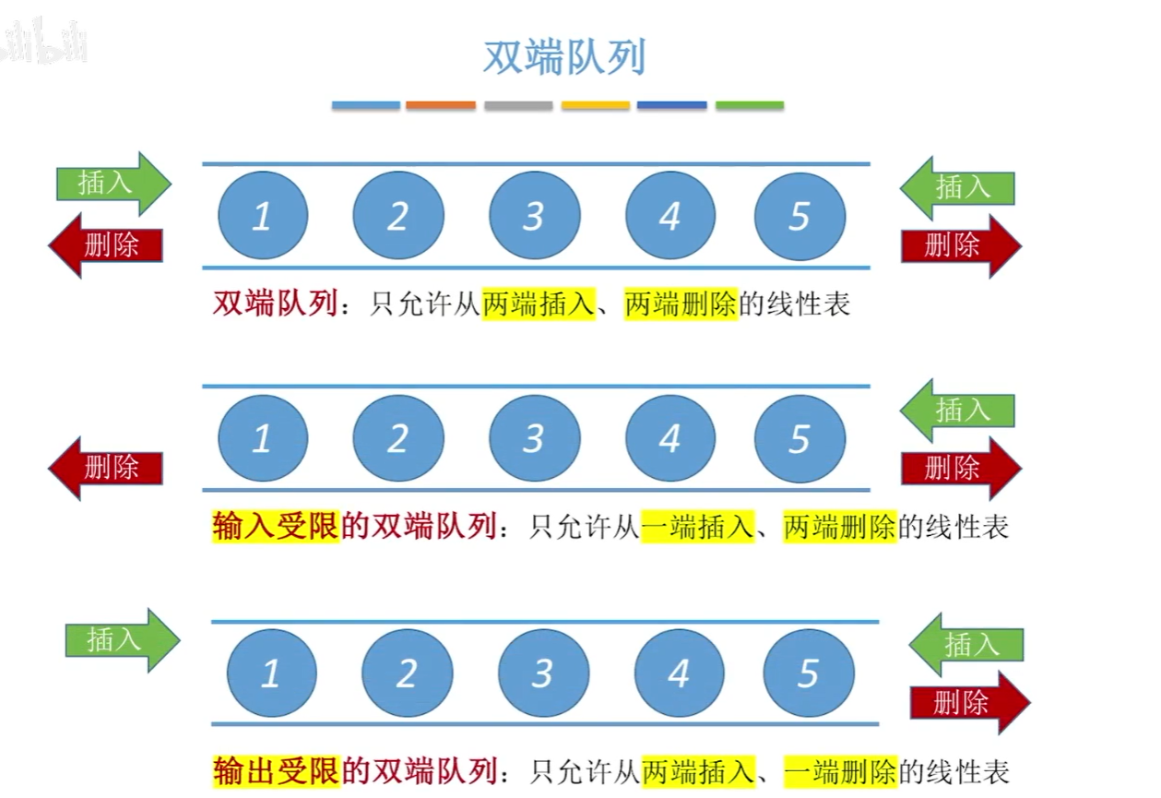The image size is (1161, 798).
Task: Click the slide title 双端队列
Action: (564, 57)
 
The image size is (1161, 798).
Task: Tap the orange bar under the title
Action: (441, 105)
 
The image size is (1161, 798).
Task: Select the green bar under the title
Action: (750, 105)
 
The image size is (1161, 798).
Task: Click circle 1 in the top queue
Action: (263, 216)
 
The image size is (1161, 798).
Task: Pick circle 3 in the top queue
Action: (534, 216)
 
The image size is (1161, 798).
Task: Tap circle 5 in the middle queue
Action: (800, 439)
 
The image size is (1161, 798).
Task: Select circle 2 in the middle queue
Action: (398, 439)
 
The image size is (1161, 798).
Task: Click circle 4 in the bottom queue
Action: (679, 674)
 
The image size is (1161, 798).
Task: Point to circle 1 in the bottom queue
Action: (271, 674)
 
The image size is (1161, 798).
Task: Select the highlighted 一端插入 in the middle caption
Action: (696, 527)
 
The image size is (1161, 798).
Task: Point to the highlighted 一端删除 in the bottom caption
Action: (840, 770)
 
